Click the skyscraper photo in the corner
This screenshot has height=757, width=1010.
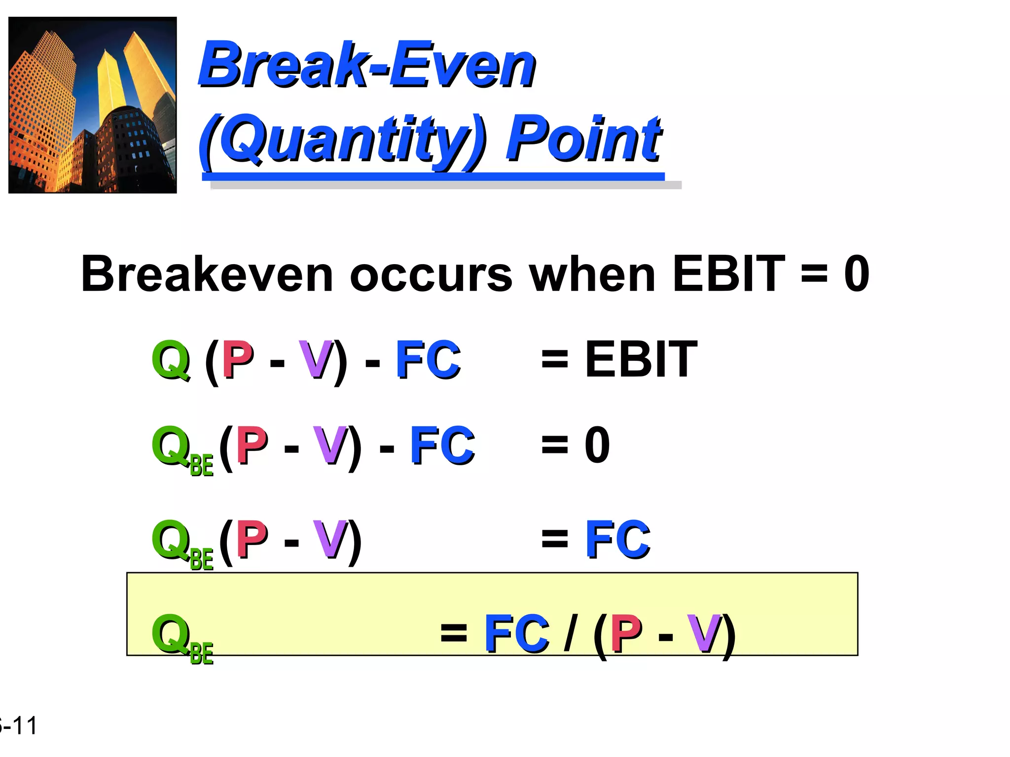[93, 105]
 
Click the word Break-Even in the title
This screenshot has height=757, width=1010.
[367, 65]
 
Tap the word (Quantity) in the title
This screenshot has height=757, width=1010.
[343, 138]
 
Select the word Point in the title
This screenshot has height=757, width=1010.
[584, 138]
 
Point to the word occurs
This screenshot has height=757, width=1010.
[431, 275]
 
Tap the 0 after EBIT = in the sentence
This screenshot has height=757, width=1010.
[857, 274]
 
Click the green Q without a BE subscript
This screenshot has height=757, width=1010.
[171, 360]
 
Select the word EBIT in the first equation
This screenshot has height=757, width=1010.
[641, 360]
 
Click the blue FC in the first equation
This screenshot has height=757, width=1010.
[428, 360]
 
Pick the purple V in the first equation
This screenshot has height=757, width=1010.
[316, 360]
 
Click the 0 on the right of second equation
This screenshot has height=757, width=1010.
[597, 445]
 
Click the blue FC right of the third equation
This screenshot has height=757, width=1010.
[617, 539]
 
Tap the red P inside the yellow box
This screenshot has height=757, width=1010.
[626, 634]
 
